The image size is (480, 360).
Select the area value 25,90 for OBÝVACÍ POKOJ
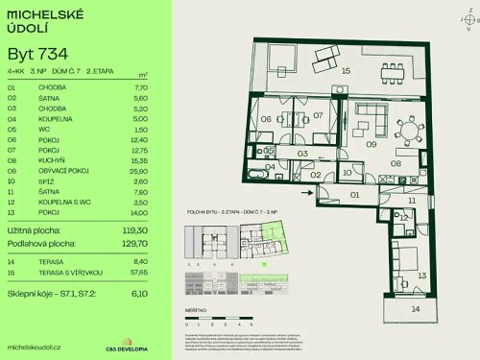coord(136,171)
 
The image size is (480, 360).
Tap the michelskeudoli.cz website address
coord(35,346)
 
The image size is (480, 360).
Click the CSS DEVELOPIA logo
coord(119,346)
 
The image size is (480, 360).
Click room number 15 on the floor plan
coord(346,71)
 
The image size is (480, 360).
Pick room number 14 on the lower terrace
coord(415,310)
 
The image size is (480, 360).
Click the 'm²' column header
coord(142,74)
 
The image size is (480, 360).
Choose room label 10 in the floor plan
coord(347,173)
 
